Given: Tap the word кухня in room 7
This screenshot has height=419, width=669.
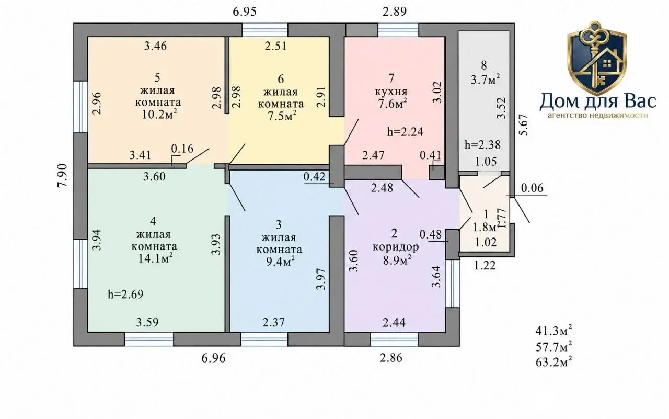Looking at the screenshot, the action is [391, 92].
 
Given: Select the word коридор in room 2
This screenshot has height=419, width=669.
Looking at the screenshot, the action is [396, 247].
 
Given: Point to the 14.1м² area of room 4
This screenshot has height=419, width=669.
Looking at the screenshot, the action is [155, 258].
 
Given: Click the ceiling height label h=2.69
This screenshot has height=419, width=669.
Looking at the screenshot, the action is [126, 294].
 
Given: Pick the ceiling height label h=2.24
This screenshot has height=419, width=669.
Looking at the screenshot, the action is [405, 132].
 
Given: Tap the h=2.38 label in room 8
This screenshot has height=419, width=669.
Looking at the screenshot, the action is [482, 145].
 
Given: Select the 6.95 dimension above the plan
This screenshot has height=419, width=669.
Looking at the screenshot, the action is [245, 12].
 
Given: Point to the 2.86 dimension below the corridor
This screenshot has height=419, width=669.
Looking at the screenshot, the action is [391, 358].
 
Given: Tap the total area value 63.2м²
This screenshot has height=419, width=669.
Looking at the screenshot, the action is [554, 361].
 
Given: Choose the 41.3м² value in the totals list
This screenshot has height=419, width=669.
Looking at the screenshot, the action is [554, 331].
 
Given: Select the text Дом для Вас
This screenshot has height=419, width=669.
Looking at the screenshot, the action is [597, 101].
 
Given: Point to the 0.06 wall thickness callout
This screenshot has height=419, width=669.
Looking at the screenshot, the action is [532, 188].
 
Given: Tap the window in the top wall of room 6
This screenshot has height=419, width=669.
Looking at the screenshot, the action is [265, 30].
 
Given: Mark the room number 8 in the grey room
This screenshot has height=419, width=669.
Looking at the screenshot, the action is [484, 65].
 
